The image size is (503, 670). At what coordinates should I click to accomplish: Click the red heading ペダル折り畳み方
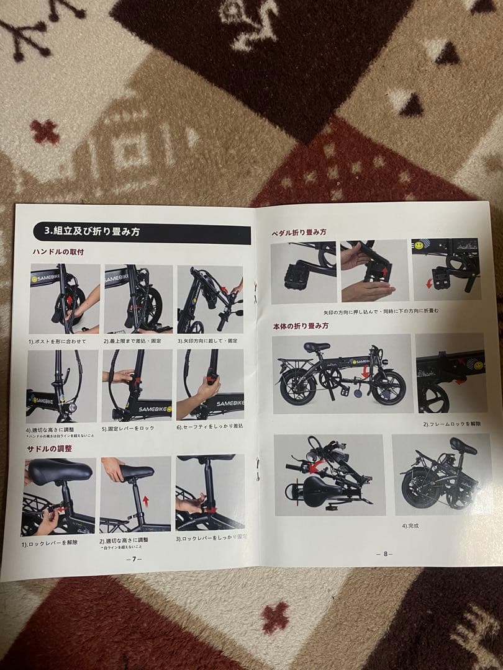299,232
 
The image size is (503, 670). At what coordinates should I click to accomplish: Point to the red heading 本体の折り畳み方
301,326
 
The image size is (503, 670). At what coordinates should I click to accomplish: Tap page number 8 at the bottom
385,554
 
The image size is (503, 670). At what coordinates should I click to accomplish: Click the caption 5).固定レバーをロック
128,428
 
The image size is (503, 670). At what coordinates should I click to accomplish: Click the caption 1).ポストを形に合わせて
57,341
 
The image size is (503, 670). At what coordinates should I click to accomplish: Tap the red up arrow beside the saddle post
146,500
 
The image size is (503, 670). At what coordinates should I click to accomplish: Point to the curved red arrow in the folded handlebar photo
317,465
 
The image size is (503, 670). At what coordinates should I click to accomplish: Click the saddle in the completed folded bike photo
463,445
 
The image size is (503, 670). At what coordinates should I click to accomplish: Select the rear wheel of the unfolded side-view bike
297,386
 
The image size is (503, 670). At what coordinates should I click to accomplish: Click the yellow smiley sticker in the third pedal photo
419,246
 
